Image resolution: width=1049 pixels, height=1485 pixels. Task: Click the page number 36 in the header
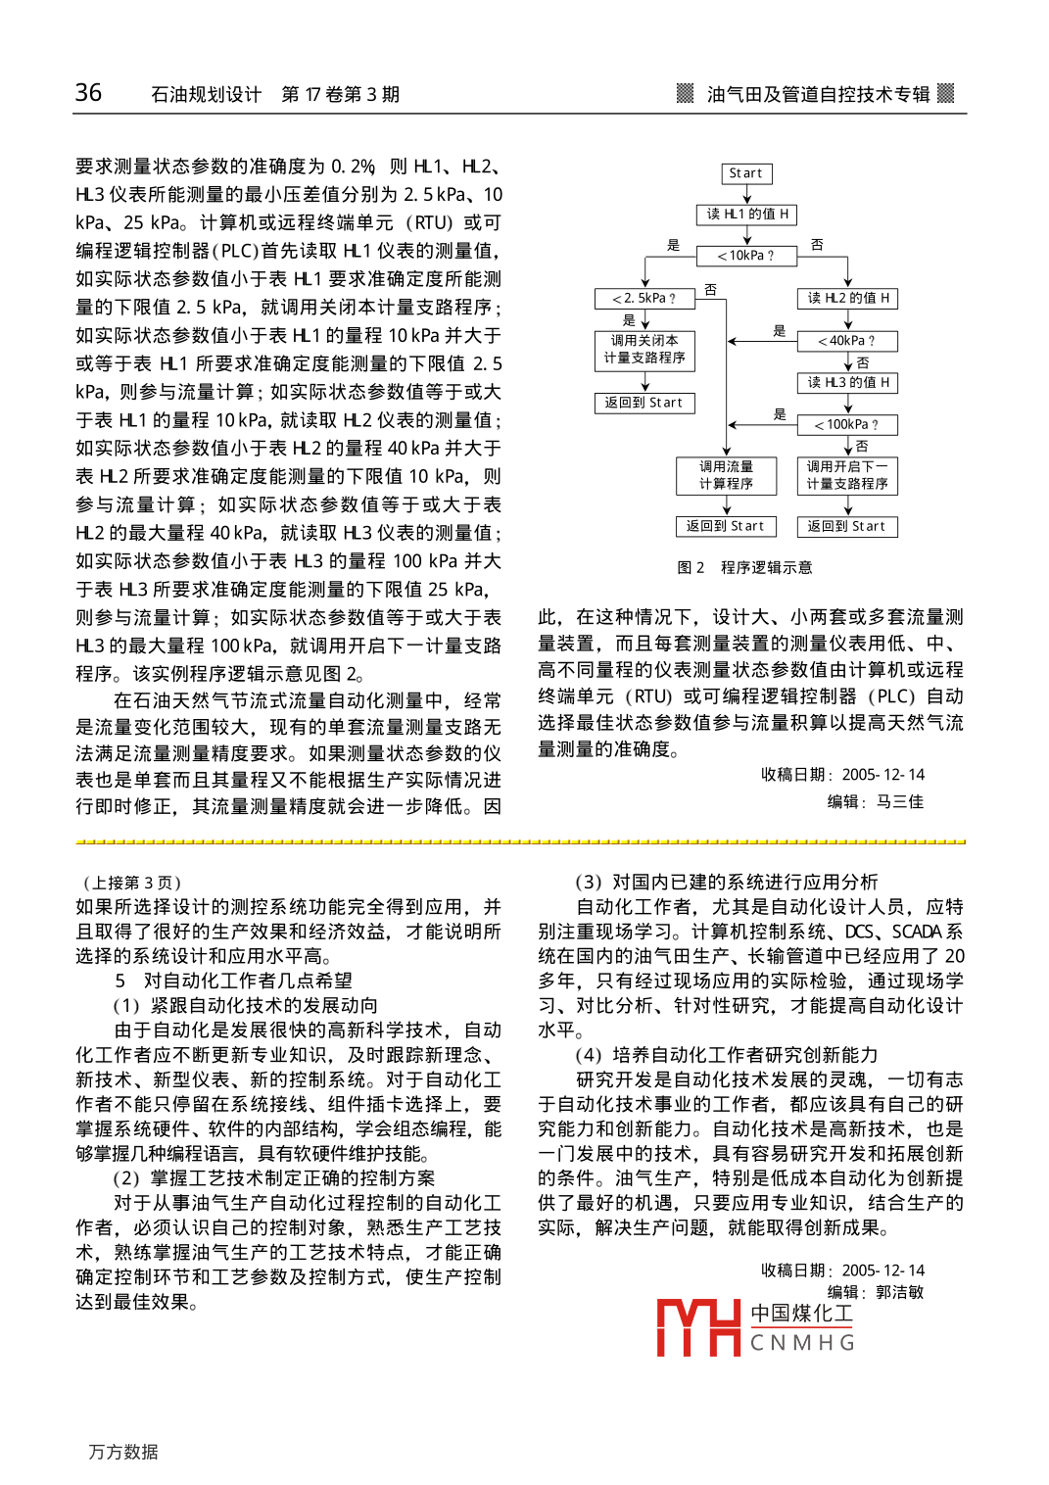point(88,93)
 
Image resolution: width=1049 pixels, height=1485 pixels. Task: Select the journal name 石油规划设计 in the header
point(206,95)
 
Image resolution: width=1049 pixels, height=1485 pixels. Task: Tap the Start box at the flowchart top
point(746,173)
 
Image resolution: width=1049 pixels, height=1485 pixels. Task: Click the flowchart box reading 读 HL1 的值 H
point(747,215)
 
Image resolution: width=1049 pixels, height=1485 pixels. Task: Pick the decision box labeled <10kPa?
point(746,256)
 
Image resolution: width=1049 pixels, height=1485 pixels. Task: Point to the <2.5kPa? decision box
point(644,299)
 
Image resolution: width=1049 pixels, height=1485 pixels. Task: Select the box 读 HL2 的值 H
point(847,299)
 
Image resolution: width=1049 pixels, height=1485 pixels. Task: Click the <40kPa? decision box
point(847,341)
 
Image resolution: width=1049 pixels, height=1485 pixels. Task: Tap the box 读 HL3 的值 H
point(847,383)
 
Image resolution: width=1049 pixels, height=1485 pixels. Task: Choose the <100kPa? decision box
point(847,425)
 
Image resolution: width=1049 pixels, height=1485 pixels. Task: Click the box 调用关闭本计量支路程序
point(644,350)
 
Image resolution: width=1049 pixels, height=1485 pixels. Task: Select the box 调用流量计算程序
point(726,475)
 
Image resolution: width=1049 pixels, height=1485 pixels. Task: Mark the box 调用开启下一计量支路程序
point(847,475)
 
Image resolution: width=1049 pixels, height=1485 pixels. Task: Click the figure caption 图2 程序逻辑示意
point(744,568)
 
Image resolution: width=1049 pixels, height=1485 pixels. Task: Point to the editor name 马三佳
point(899,802)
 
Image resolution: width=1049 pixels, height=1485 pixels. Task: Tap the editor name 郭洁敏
point(899,1293)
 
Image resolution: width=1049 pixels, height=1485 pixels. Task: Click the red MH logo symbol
point(697,1327)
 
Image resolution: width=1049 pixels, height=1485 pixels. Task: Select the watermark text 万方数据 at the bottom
point(123,1452)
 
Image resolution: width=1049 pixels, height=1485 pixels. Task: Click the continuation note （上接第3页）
point(132,883)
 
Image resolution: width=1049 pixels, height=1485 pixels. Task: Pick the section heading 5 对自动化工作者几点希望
point(233,981)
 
